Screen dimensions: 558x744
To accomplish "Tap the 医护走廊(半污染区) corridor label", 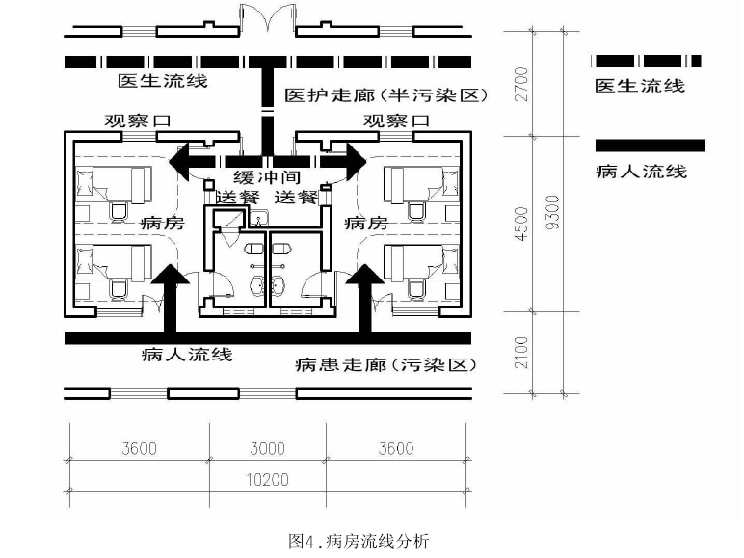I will tap(386, 96).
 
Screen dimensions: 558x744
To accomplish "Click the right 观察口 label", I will tap(395, 121).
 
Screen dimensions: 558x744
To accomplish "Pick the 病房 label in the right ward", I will tap(366, 223).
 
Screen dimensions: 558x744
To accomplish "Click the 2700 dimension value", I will tap(520, 87).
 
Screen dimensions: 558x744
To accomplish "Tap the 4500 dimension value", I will tap(521, 223).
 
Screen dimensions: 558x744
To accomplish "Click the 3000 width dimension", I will tap(267, 448).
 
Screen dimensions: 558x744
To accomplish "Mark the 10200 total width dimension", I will tap(268, 478).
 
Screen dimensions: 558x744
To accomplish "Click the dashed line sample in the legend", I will tap(647, 61).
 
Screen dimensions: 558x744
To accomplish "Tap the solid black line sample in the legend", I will tap(651, 146).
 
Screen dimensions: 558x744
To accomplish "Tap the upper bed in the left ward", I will tap(114, 179).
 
